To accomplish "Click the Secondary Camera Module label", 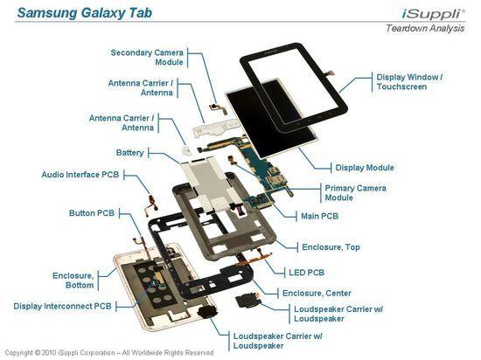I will click(147, 57).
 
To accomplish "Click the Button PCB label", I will click(92, 213).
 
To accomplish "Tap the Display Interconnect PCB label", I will click(62, 306).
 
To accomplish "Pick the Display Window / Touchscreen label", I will click(409, 82).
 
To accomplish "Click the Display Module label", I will click(365, 167).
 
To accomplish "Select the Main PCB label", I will click(318, 215).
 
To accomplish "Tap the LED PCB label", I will click(306, 272).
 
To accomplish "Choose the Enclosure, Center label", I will click(317, 293).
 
